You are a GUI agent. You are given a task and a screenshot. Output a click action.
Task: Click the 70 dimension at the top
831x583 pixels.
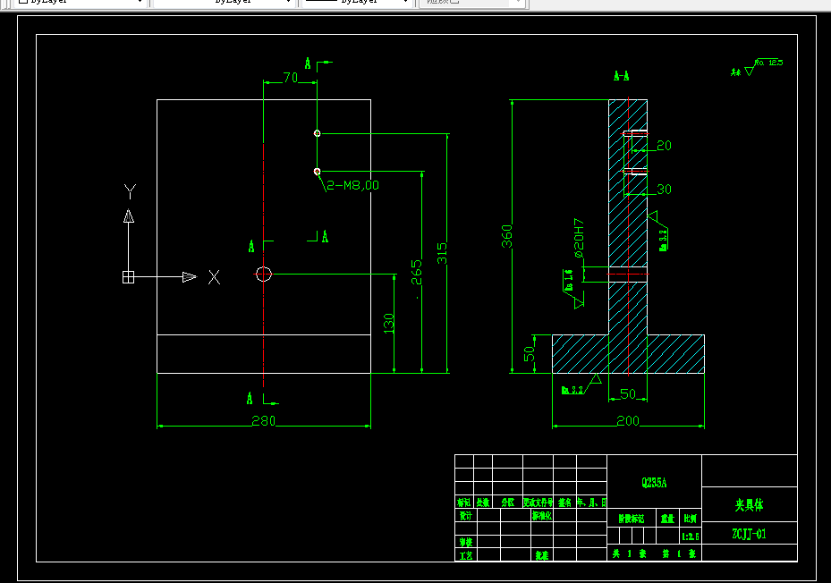pos(290,78)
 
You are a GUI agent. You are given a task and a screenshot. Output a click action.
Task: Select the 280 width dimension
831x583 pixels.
pos(263,421)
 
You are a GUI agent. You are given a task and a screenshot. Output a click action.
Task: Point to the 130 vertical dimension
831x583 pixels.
pos(388,323)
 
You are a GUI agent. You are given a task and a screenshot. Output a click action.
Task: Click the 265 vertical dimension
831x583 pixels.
pos(416,272)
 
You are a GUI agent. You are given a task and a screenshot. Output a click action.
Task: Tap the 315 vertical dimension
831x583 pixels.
pos(442,253)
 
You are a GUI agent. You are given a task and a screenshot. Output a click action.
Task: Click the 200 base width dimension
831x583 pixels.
pos(627,420)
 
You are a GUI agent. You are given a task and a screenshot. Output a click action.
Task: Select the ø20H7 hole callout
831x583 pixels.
pos(579,239)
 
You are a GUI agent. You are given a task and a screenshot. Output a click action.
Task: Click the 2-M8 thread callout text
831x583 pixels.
pos(352,185)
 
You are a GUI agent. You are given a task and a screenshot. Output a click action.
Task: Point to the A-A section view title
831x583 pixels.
pos(621,76)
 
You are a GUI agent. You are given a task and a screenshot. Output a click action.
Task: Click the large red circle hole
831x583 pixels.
pos(263,275)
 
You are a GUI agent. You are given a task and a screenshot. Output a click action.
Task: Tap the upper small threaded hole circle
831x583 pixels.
pos(317,133)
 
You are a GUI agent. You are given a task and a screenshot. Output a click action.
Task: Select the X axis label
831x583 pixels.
pos(214,277)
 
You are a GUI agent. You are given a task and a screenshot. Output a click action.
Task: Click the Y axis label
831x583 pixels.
pos(130,190)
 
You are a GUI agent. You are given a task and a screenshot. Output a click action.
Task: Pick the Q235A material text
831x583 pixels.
pos(654,483)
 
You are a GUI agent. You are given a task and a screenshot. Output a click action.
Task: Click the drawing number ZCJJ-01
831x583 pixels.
pos(749,534)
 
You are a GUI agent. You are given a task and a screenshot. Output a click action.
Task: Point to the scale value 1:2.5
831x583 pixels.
pos(691,537)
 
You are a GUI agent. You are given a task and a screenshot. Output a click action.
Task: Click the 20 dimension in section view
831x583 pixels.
pos(664,145)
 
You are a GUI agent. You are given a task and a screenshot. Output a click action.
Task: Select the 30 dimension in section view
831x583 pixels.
pos(664,189)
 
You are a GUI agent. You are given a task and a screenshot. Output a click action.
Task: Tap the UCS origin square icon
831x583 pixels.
pos(128,277)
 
